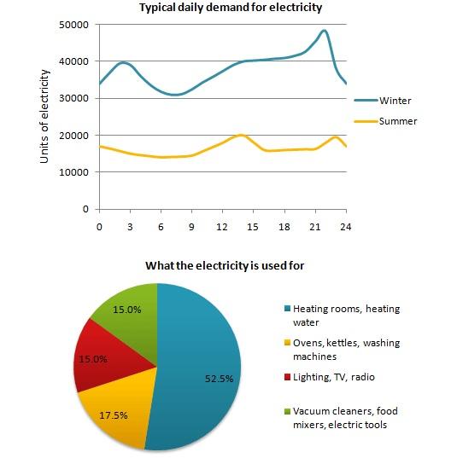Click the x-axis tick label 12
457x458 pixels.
click(223, 227)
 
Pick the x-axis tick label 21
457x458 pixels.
click(315, 227)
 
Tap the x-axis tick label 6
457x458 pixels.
click(161, 227)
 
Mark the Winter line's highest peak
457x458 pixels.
click(323, 31)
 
